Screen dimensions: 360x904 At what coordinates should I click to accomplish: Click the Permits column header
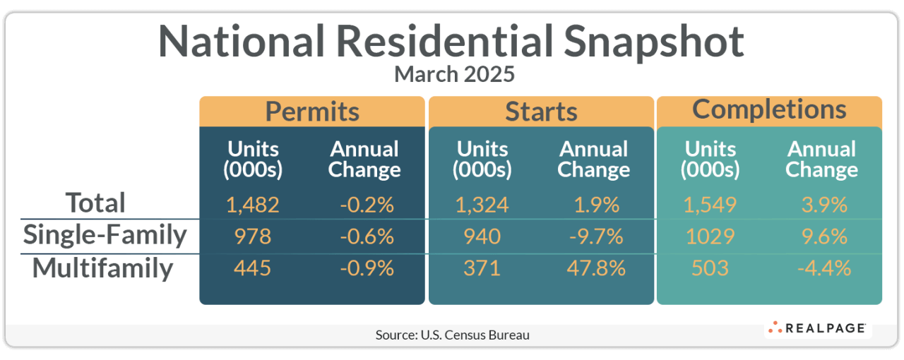click(312, 112)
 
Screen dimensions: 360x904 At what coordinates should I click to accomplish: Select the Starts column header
click(541, 112)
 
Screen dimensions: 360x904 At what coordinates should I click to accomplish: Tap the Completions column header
click(769, 109)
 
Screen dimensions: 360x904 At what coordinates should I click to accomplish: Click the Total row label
click(95, 203)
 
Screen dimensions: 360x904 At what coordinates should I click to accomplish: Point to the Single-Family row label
click(105, 235)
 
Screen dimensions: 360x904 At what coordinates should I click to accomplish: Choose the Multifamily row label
click(102, 269)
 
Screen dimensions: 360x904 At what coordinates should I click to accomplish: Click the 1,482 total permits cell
click(253, 205)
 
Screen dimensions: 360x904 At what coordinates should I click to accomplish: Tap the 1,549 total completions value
click(710, 205)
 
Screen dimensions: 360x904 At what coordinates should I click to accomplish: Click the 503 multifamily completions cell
click(710, 268)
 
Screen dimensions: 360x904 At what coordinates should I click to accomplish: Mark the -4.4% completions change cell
click(821, 268)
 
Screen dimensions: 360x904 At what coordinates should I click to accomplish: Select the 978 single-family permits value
click(253, 236)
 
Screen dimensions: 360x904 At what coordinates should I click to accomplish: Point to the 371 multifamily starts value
click(482, 268)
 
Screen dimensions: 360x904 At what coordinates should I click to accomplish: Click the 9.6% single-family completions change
click(821, 236)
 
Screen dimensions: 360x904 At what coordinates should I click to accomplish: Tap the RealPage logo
click(817, 328)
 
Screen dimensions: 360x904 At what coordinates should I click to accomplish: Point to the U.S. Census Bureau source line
click(452, 335)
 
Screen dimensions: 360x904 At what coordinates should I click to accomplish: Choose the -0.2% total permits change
click(365, 205)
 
